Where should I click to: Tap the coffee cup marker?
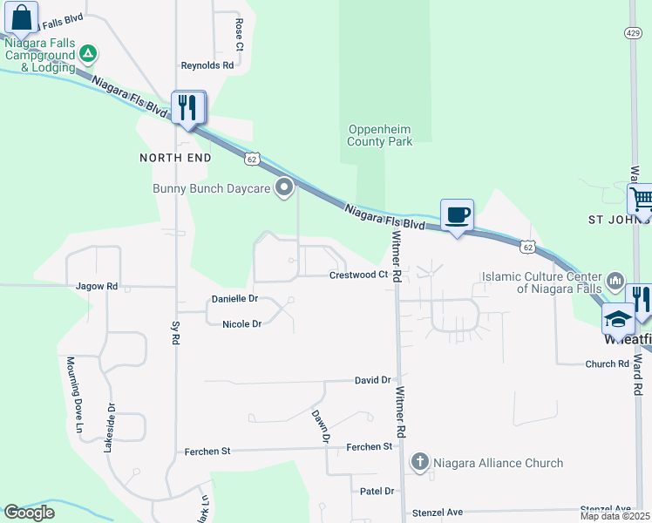(457, 214)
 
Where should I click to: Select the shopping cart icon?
(641, 198)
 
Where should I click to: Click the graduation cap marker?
(617, 319)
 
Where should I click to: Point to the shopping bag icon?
(21, 17)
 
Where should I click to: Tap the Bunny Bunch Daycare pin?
(284, 187)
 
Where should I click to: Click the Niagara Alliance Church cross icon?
(420, 462)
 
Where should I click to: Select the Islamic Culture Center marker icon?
(615, 281)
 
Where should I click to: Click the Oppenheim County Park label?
(379, 135)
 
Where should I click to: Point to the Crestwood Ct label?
(358, 275)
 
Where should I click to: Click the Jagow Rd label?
(96, 286)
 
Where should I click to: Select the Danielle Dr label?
(235, 299)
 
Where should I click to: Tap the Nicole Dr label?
(242, 324)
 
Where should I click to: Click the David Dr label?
(372, 380)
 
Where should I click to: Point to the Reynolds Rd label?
(207, 65)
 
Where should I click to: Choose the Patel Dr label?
(377, 492)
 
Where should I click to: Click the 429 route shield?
(634, 32)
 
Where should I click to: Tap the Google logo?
(29, 513)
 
